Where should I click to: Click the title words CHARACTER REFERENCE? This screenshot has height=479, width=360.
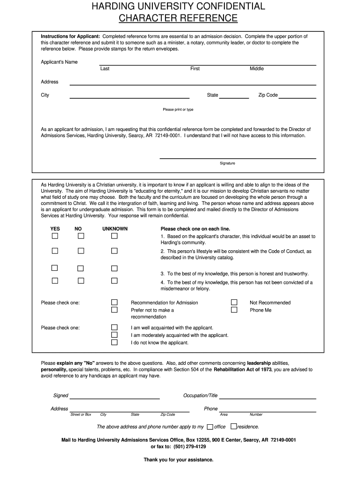178,18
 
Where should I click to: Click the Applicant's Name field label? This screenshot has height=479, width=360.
59,62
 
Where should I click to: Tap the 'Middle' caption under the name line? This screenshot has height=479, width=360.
257,69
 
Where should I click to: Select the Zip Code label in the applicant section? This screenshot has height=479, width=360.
268,95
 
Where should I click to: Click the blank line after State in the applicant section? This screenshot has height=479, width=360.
234,98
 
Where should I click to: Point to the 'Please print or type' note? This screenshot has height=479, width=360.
178,109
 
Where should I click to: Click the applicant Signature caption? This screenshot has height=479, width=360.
228,163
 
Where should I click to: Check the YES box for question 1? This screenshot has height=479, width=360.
55,236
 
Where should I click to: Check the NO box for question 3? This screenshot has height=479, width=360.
80,269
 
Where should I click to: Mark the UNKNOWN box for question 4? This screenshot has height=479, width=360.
114,281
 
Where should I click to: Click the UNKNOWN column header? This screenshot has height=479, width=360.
115,229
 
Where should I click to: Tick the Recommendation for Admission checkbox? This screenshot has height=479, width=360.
114,302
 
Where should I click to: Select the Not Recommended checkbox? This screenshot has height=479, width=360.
234,302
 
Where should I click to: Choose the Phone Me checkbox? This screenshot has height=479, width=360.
234,310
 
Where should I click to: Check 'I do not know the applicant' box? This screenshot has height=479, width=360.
114,342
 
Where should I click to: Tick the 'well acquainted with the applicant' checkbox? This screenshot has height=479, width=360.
114,327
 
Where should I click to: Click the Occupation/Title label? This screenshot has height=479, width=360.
201,396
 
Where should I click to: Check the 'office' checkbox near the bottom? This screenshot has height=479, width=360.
210,427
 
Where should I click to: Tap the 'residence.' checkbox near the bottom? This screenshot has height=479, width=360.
234,427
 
